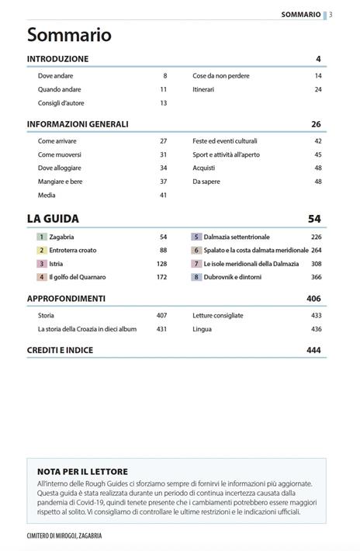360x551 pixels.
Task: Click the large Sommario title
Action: tap(69, 36)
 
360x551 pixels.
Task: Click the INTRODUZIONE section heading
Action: tap(57, 59)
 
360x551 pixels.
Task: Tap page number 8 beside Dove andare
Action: tap(164, 76)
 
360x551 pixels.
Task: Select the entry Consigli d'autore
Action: tap(61, 103)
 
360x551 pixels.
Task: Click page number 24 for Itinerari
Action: tap(318, 90)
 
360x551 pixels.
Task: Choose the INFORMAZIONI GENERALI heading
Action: tap(78, 124)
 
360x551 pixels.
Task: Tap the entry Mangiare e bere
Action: tap(60, 182)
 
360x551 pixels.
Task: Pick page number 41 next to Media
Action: tap(163, 196)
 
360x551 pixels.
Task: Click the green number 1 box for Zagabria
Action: tap(43, 237)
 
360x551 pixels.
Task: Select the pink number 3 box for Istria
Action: tap(43, 264)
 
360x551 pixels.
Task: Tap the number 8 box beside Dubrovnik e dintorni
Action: tap(197, 277)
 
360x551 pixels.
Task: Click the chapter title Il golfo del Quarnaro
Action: tap(78, 277)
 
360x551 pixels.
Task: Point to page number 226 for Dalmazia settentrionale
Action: tap(316, 237)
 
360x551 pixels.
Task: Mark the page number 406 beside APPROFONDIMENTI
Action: tap(313, 299)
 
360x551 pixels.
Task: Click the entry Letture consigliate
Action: tap(218, 316)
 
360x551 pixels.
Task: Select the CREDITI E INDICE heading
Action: tap(60, 351)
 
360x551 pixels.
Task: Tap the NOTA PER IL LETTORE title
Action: tap(82, 471)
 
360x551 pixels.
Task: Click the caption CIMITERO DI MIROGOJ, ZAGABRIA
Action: tap(64, 535)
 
